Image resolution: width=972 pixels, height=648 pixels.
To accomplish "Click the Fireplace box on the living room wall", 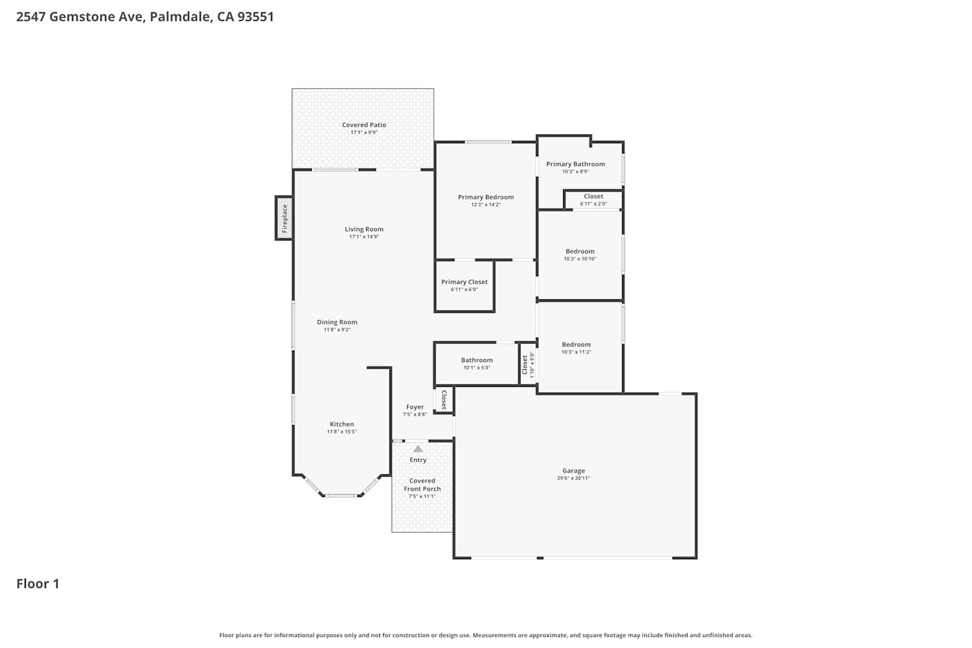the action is [284, 218].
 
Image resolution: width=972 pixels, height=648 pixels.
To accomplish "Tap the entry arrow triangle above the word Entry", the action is [418, 449].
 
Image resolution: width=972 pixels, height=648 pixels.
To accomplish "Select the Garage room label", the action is [573, 470].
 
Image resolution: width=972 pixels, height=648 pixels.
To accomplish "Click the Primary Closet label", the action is [465, 282].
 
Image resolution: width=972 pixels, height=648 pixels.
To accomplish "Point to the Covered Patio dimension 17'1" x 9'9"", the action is [364, 132].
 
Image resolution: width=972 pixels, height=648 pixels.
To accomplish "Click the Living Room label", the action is [364, 229].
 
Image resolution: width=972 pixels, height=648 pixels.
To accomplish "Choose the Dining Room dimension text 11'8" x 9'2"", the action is [337, 330].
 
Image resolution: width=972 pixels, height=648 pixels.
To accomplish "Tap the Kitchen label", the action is [341, 424].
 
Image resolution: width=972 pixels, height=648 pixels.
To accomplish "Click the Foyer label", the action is [415, 407].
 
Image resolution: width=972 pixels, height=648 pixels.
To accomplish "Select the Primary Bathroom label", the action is [575, 164].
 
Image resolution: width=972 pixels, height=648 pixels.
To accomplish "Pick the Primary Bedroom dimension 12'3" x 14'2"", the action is [485, 204].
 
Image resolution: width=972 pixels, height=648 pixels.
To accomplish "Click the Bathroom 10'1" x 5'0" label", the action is [476, 360].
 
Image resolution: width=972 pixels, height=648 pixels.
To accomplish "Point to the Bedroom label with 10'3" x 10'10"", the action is [580, 251].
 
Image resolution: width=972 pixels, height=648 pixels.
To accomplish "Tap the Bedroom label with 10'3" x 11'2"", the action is [576, 345].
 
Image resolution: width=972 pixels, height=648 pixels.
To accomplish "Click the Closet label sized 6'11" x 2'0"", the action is [593, 196].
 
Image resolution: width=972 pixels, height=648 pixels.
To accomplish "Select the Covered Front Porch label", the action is [422, 485].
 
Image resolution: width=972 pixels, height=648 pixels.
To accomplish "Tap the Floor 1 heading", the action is [38, 584].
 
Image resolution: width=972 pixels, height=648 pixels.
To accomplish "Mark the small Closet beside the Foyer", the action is [444, 400].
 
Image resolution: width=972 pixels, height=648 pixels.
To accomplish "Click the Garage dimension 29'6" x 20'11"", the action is [573, 478].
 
